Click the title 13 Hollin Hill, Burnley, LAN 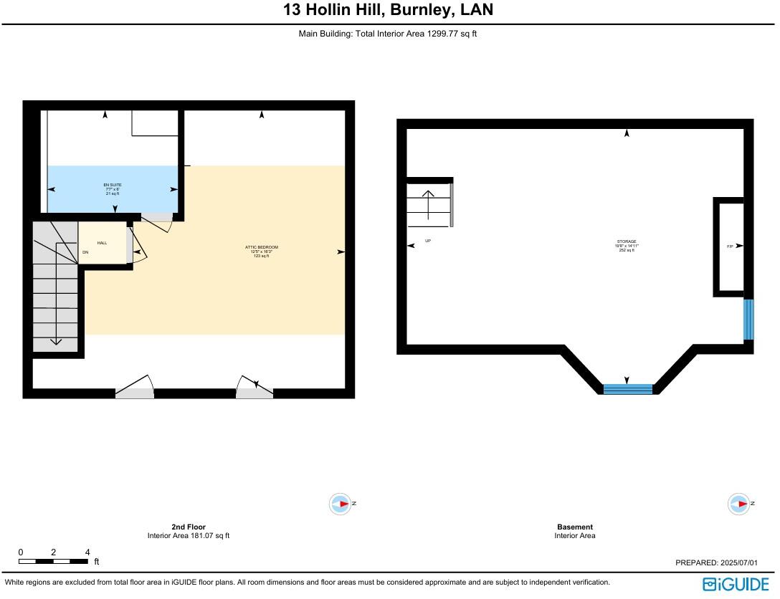pos(388,11)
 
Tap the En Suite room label pos(113,189)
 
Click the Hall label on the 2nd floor pos(102,243)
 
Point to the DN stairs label pos(85,252)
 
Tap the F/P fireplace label pos(730,246)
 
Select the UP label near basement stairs pos(428,241)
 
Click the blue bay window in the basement pos(628,389)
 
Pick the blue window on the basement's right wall pos(748,320)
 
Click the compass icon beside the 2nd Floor pos(340,504)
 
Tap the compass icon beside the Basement pos(738,504)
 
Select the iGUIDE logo pos(736,584)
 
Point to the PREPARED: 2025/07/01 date pos(716,563)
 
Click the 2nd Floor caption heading pos(189,527)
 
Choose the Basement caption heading pos(575,527)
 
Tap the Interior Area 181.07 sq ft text pos(189,535)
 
